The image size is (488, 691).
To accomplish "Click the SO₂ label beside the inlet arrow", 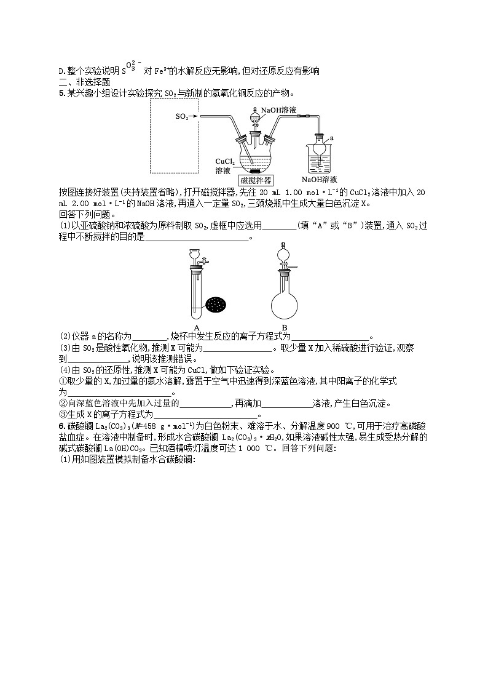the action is click(x=181, y=116).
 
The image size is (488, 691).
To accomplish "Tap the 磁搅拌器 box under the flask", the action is click(x=256, y=179).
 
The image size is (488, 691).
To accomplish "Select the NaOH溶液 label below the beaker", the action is click(x=319, y=179).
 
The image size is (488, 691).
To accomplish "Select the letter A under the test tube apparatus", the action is click(x=197, y=327).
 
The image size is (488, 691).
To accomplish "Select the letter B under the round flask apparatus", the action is click(x=284, y=327).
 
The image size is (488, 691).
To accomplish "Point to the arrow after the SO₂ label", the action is click(x=195, y=116).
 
